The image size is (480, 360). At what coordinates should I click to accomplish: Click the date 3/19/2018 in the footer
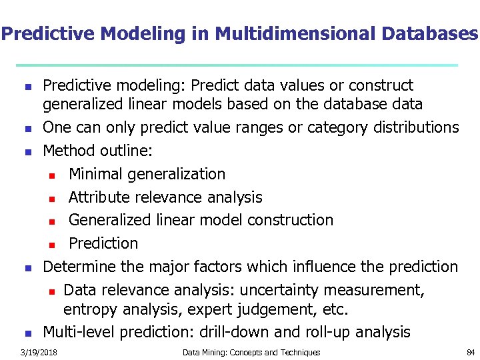tap(38, 352)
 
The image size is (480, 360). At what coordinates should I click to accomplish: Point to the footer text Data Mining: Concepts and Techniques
tap(251, 352)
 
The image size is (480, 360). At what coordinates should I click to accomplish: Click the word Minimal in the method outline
tap(95, 174)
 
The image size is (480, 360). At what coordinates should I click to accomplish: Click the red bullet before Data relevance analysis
tap(53, 291)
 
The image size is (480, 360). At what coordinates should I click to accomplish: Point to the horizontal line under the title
tap(237, 65)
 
